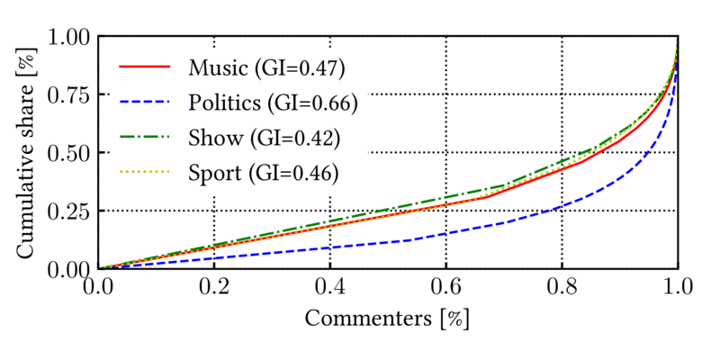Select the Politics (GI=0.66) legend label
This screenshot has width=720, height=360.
click(274, 102)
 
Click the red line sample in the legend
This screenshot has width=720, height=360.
click(144, 67)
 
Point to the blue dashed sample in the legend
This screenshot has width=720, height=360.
click(144, 102)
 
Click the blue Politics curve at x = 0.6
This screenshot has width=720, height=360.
click(445, 233)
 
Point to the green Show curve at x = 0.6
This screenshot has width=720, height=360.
click(445, 198)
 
